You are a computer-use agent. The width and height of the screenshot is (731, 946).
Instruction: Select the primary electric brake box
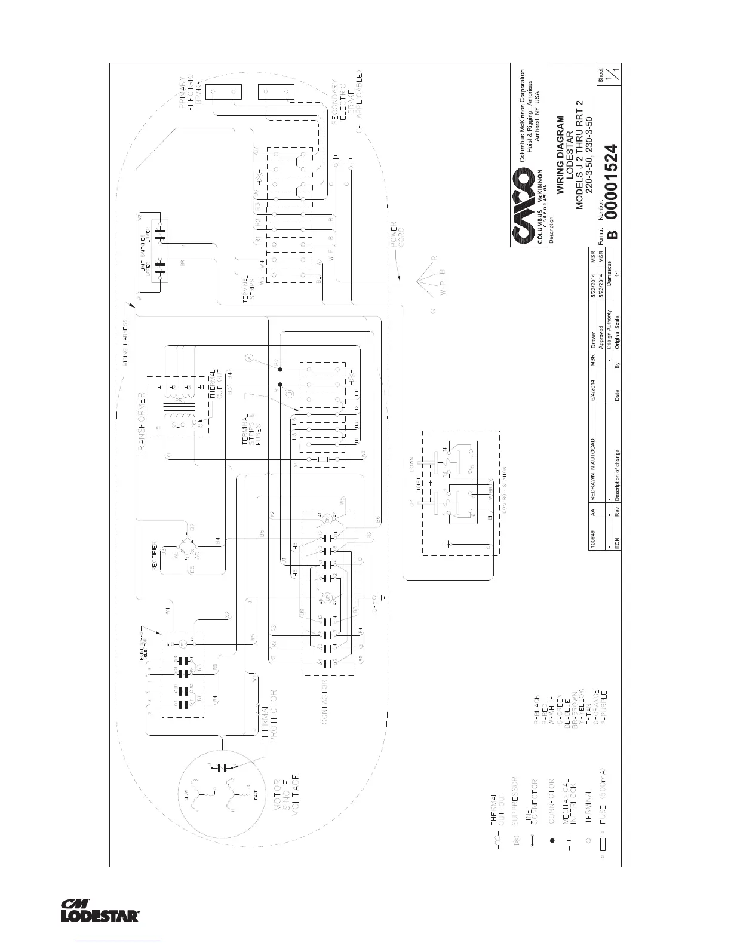(224, 93)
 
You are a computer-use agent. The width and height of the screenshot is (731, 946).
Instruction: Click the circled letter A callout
(250, 358)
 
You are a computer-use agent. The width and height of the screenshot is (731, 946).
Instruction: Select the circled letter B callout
(290, 392)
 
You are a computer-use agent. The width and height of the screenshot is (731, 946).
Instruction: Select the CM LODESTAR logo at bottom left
(100, 910)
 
